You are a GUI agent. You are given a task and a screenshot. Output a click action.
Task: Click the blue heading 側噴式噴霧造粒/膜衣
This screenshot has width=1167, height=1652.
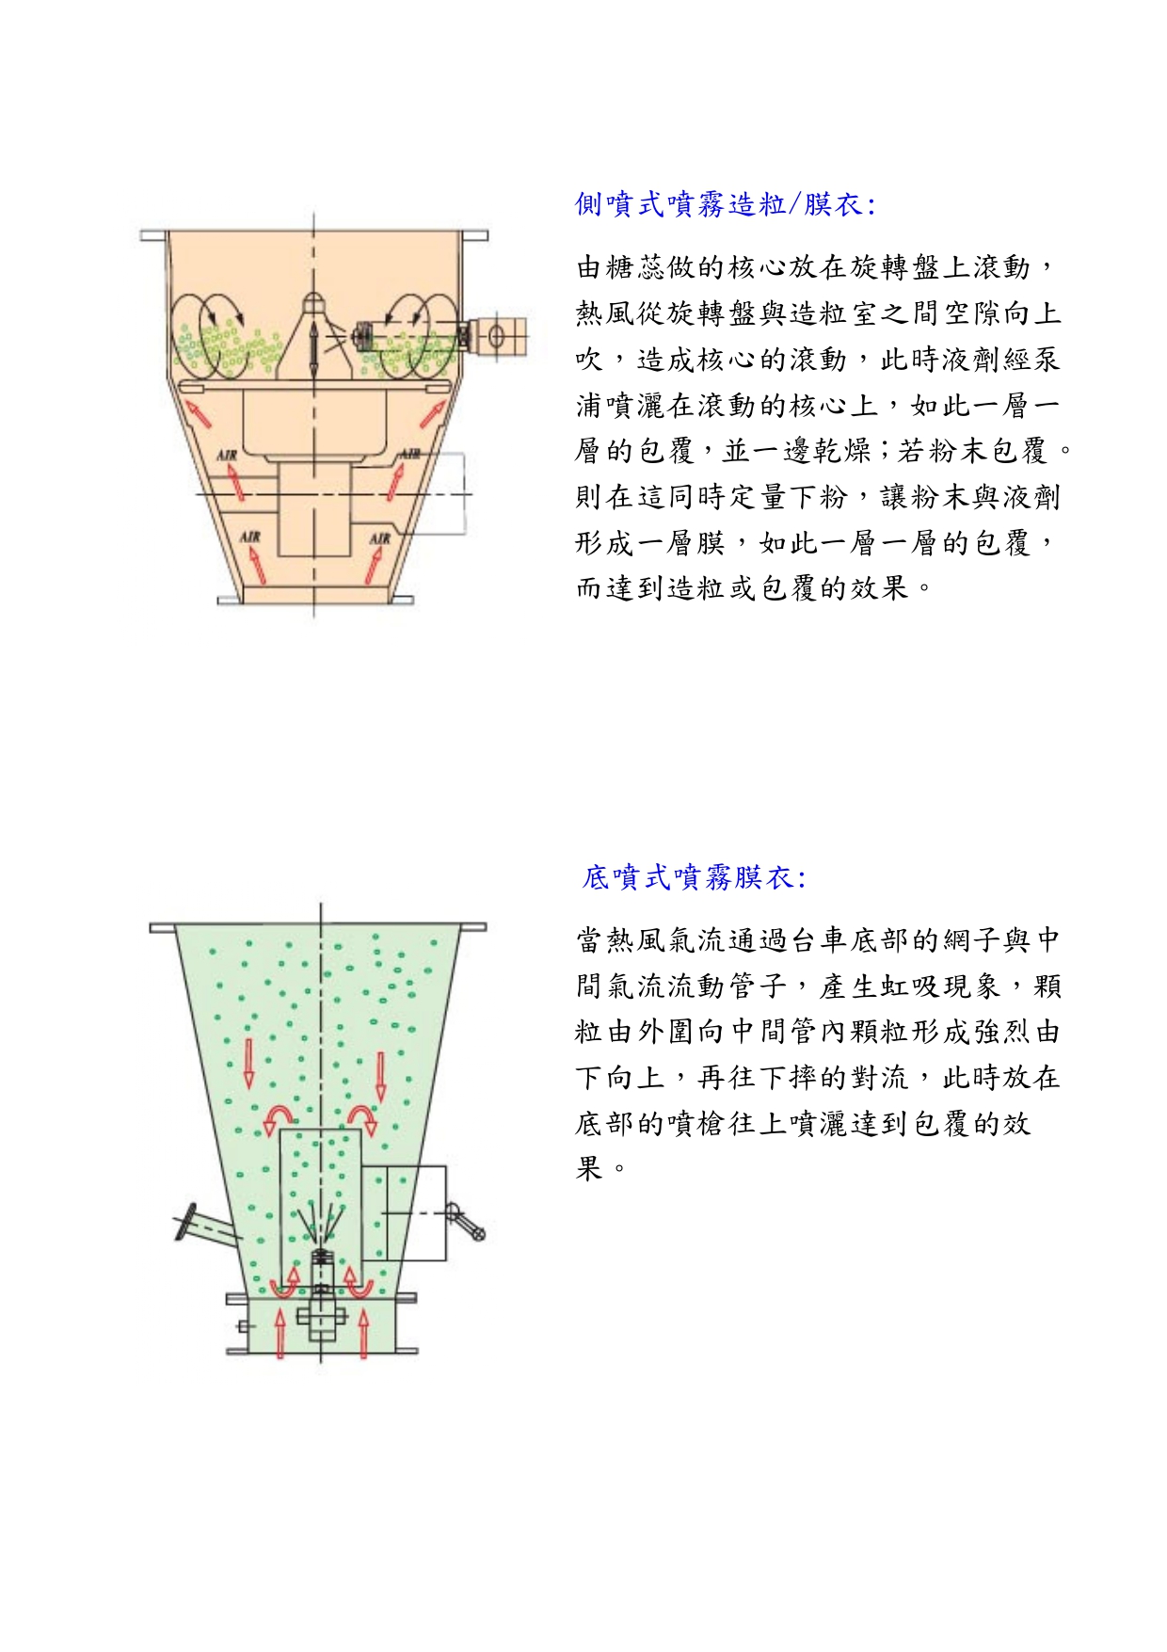725,204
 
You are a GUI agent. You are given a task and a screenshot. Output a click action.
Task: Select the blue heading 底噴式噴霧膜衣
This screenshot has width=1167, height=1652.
694,877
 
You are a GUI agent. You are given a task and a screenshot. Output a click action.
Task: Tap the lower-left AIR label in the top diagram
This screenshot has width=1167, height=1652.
249,537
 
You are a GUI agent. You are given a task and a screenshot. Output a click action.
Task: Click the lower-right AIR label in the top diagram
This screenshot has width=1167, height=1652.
379,537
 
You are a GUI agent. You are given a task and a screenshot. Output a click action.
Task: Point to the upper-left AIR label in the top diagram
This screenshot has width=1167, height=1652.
228,455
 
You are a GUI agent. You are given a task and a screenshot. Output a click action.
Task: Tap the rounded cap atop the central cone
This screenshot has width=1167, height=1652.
313,302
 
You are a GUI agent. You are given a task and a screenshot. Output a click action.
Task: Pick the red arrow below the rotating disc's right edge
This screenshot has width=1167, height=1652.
433,412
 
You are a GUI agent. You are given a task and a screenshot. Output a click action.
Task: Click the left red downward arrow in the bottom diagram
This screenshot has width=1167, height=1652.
249,1064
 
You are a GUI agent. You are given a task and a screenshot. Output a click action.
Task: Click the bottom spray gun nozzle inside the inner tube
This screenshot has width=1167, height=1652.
322,1256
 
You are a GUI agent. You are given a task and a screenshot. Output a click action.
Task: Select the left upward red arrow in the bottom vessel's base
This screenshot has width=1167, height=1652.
280,1332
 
